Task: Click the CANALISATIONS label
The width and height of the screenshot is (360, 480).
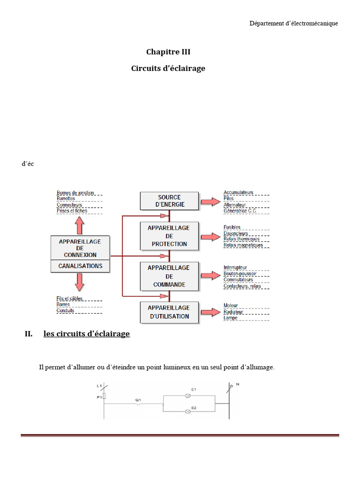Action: click(80, 266)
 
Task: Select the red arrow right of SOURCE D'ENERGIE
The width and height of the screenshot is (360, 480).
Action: click(210, 202)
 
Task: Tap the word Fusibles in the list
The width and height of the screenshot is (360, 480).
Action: click(232, 227)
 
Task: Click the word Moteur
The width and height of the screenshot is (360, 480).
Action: click(231, 306)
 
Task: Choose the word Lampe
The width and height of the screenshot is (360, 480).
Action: click(231, 318)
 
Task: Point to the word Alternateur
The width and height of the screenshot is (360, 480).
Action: click(235, 205)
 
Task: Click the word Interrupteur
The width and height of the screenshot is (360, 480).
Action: click(235, 267)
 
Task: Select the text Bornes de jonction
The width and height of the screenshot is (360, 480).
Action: click(75, 193)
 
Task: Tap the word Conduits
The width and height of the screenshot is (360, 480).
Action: click(66, 310)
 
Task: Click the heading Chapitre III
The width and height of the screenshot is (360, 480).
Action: click(168, 52)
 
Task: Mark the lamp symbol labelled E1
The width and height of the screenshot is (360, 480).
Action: click(188, 396)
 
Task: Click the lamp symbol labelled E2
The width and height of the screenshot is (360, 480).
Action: click(188, 411)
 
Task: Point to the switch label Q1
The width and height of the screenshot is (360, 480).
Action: click(138, 399)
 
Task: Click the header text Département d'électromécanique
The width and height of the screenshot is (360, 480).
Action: click(293, 23)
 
